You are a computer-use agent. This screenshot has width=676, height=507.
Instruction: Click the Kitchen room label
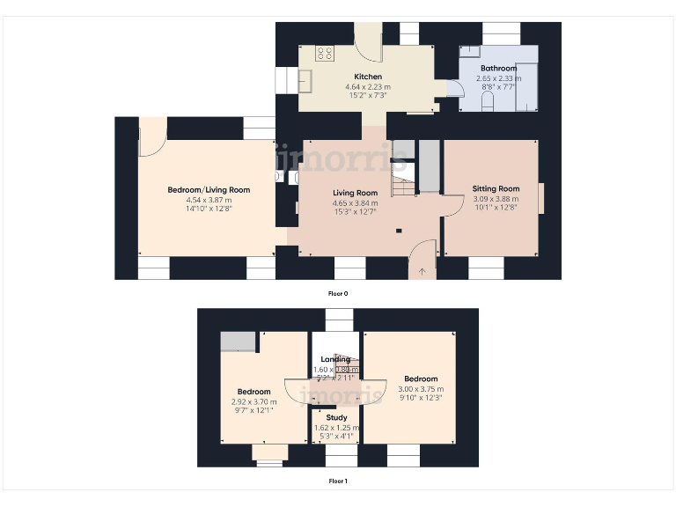click(368, 77)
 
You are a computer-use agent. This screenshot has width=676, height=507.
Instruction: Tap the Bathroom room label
click(498, 68)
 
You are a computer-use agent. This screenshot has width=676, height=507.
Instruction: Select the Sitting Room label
click(496, 188)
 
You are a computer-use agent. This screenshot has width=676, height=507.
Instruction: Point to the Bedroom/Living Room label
click(209, 189)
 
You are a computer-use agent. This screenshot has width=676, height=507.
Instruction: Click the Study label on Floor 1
click(336, 417)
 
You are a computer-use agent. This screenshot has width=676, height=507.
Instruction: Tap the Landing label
click(335, 359)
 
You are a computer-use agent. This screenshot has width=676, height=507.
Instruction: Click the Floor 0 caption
click(338, 293)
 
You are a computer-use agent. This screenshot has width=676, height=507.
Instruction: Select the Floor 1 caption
click(338, 481)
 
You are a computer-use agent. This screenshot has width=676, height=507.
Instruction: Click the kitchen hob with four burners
click(325, 53)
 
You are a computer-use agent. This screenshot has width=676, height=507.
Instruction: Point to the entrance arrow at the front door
click(422, 271)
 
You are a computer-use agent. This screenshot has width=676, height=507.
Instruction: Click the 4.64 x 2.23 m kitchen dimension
click(368, 86)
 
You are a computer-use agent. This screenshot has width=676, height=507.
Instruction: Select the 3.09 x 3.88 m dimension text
click(496, 199)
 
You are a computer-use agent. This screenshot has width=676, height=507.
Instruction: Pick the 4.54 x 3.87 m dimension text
click(209, 200)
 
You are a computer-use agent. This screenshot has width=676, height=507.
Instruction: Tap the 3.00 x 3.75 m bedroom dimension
click(421, 389)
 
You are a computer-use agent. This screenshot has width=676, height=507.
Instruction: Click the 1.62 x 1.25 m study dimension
click(336, 427)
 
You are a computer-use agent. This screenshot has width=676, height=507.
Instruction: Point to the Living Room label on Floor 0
click(355, 193)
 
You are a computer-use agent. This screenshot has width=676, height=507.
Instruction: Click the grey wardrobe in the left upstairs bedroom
click(237, 342)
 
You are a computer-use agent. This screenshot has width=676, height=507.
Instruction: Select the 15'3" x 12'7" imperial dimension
click(355, 212)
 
